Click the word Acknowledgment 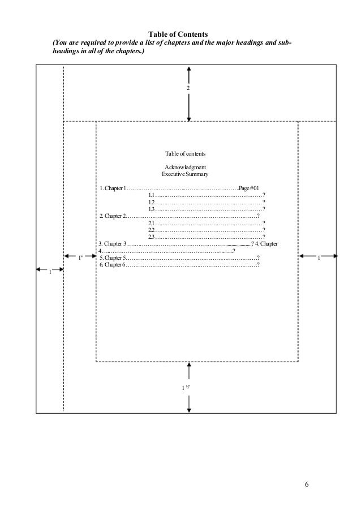click(x=185, y=167)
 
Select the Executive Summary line click(x=185, y=174)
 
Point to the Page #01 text click(x=249, y=188)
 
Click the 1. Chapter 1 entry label click(x=112, y=188)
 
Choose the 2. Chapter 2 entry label click(x=112, y=216)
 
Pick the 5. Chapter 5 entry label click(x=112, y=257)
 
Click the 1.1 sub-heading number click(x=152, y=195)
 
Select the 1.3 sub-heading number click(x=152, y=209)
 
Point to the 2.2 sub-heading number click(x=152, y=230)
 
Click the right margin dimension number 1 click(x=319, y=259)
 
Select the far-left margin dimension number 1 click(x=49, y=273)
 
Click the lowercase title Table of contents click(x=185, y=153)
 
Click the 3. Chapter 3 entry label click(x=112, y=243)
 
